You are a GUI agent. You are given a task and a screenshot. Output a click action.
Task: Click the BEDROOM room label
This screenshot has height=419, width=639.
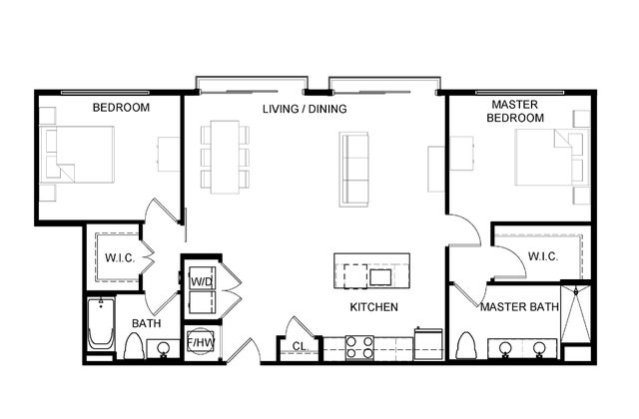[x=121, y=108]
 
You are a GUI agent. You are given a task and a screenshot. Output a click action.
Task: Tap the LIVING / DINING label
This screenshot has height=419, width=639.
[x=305, y=109]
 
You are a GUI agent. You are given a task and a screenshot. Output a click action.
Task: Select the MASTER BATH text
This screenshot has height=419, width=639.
[x=519, y=306]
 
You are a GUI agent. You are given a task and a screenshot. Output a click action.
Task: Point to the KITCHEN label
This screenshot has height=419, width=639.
[x=373, y=306]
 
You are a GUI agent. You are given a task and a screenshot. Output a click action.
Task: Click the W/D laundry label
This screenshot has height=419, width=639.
[x=202, y=281]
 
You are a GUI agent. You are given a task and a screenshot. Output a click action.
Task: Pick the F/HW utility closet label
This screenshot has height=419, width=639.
[x=200, y=343]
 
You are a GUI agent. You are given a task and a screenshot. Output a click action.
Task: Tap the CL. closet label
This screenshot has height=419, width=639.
[x=301, y=346]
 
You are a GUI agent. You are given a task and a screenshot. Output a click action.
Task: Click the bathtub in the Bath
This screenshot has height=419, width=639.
[x=101, y=323]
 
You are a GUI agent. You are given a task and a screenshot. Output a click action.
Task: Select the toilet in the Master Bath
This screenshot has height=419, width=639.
[x=466, y=346]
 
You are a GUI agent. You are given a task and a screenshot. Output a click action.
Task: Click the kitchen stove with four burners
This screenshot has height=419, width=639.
[x=359, y=347]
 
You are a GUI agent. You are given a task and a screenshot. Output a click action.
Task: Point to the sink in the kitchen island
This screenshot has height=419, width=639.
[x=380, y=277]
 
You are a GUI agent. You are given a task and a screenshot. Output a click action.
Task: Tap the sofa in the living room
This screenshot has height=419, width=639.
[x=353, y=169]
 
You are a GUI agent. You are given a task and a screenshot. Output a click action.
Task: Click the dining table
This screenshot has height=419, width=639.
[x=225, y=157]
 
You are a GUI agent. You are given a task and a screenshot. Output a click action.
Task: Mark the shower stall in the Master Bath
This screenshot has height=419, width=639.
[x=575, y=313]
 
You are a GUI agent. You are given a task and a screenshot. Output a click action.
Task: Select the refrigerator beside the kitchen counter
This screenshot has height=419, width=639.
[x=428, y=344]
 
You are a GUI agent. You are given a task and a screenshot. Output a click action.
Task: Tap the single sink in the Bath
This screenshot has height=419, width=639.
[x=164, y=348]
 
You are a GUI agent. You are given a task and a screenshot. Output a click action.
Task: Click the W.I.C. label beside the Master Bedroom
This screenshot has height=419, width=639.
[x=543, y=256]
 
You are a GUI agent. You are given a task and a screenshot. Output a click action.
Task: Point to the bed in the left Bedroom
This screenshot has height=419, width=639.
[x=77, y=155]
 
